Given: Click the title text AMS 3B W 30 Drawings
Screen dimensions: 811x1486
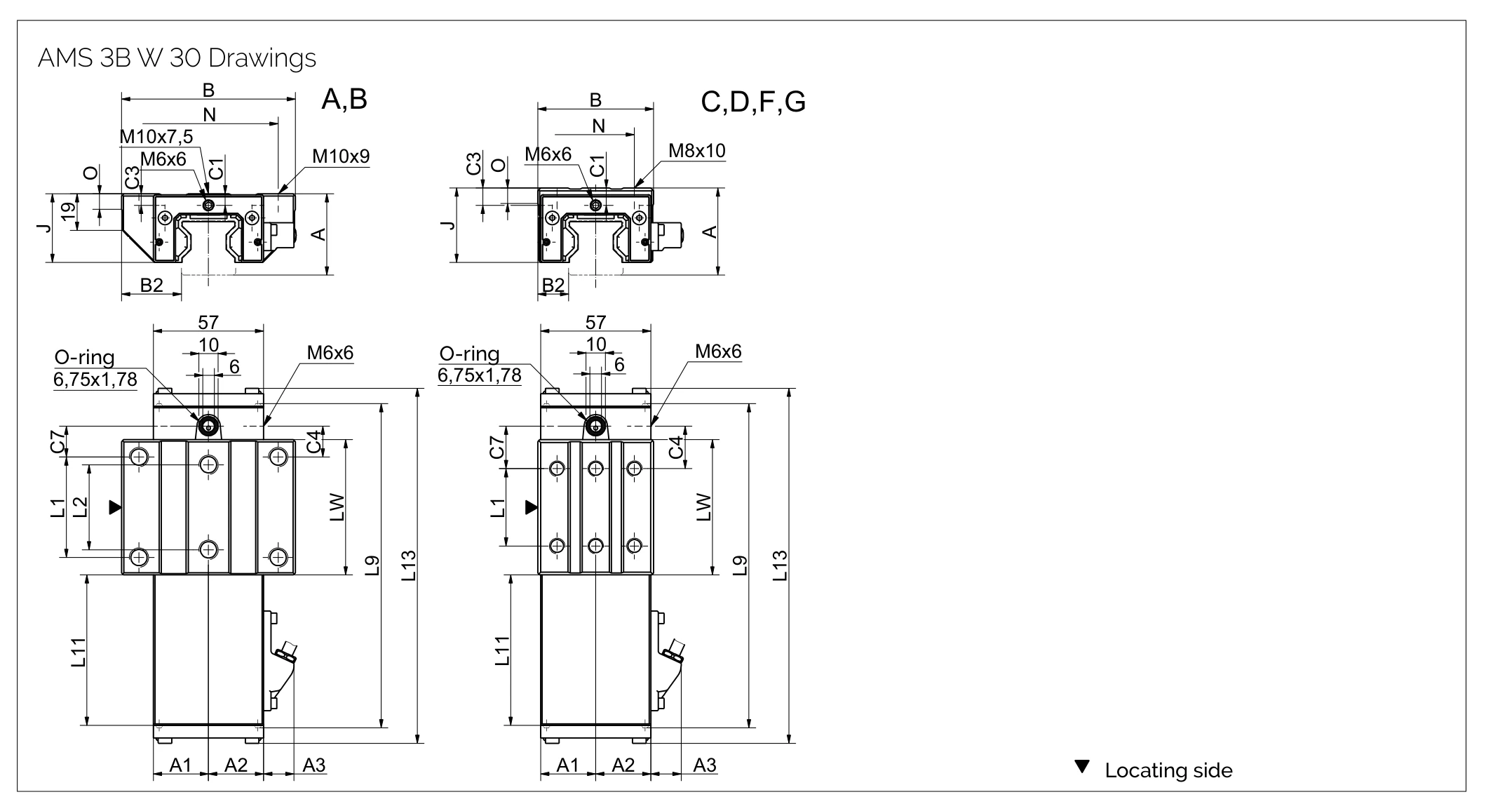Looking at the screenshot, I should (177, 58).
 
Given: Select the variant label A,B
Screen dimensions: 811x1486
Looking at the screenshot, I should (344, 100).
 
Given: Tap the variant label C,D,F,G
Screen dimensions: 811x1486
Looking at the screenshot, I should (752, 102).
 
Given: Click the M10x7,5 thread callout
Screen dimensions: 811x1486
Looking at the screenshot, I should (156, 136).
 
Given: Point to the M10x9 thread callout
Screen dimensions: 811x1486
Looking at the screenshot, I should (340, 156).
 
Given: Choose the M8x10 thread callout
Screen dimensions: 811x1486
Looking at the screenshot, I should (696, 151).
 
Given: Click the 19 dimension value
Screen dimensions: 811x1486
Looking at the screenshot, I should (68, 212).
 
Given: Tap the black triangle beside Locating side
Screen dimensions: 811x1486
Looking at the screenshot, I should (1082, 767).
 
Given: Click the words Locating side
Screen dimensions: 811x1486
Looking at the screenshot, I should (1168, 770).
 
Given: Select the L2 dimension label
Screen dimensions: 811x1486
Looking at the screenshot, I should (81, 507).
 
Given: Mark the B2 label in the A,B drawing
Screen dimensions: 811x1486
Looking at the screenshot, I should (151, 285).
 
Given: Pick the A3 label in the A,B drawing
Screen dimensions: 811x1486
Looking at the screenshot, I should (313, 765).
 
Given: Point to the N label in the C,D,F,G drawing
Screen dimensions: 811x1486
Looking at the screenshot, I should (598, 126).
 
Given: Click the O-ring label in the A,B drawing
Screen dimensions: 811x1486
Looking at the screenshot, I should (84, 358).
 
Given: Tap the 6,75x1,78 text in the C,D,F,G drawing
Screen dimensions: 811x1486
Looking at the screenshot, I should (479, 375).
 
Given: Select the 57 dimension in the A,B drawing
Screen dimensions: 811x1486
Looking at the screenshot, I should (208, 322).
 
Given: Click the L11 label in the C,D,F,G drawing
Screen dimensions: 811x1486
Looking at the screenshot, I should (502, 650).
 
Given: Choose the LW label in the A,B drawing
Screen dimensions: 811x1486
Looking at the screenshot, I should (337, 507).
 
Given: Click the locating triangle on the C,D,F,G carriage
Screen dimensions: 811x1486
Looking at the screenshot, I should (531, 507).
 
